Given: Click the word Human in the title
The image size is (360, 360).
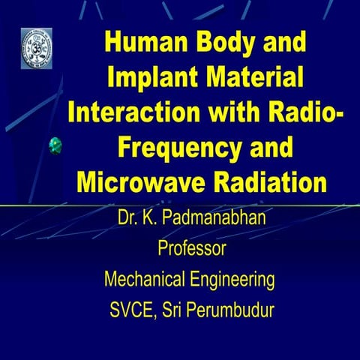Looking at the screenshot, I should tap(141, 43).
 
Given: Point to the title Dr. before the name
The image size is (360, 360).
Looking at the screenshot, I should tap(128, 220).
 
